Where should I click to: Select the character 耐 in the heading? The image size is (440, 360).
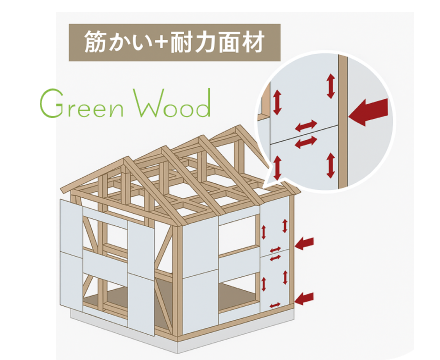[183, 44]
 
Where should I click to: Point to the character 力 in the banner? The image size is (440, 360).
[209, 44]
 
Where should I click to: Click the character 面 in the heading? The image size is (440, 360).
[233, 44]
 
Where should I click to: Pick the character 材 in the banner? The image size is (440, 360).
[258, 44]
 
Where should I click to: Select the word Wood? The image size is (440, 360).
[172, 105]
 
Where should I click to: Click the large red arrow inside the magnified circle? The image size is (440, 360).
[369, 111]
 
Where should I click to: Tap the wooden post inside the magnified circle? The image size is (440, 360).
[340, 120]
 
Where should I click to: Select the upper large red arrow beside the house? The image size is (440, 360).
[306, 242]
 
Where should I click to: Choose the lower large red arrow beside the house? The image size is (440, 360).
[306, 296]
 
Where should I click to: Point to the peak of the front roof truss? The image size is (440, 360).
[126, 164]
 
